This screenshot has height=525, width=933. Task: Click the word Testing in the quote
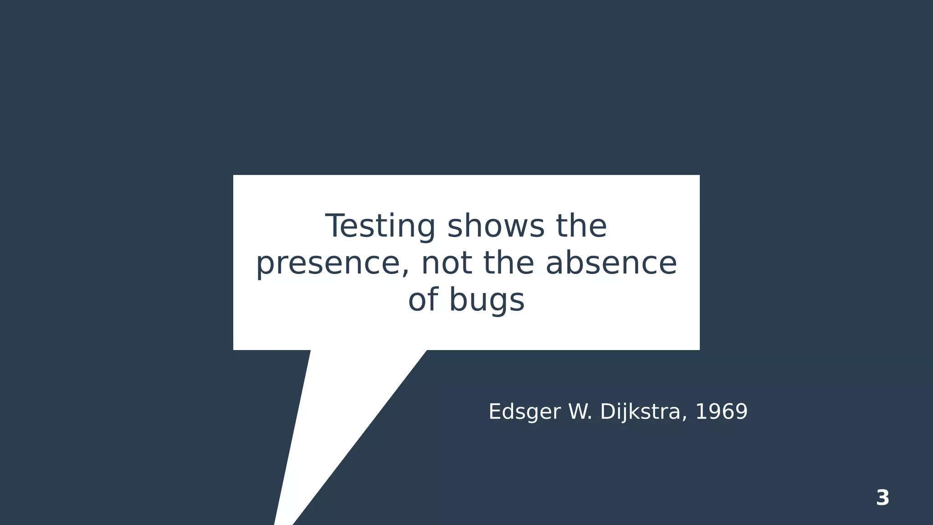[x=380, y=226]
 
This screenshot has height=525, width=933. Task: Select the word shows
[x=496, y=226]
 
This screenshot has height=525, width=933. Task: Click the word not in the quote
[x=446, y=264]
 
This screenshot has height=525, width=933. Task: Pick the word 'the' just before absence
[x=508, y=264]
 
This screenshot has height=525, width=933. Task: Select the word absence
[x=611, y=264]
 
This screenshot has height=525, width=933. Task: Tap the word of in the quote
[x=423, y=300]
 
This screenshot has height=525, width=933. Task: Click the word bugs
[x=487, y=301]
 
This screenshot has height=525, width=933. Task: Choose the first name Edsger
[x=524, y=412]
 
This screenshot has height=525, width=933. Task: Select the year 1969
[x=721, y=412]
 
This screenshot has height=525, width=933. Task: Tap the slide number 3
[x=882, y=498]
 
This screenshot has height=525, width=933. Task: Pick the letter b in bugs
[x=457, y=300]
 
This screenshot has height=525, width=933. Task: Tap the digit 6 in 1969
[x=727, y=412]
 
